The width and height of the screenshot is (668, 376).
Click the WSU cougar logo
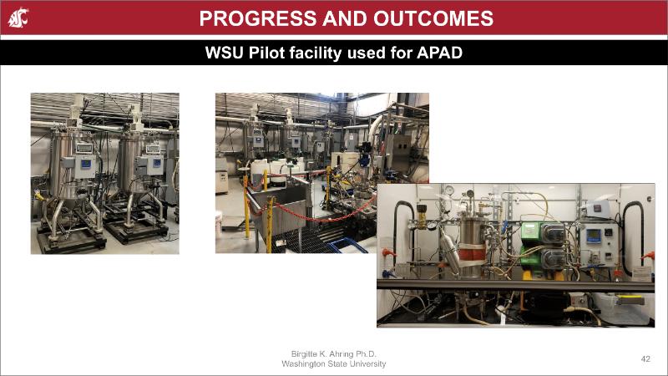[18, 18]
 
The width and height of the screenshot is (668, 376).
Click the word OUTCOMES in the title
[433, 18]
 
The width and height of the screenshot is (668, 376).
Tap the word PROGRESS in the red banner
[258, 18]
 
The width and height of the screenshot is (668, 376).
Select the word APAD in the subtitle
[439, 53]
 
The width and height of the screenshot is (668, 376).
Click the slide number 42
[645, 359]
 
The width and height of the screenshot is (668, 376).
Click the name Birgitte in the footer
[304, 353]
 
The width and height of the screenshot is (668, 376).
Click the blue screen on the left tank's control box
[86, 164]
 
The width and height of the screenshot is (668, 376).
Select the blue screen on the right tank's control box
[157, 163]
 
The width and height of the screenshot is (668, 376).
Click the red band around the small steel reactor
[472, 252]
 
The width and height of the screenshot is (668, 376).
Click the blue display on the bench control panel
[594, 236]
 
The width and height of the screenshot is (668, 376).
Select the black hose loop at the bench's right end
[633, 237]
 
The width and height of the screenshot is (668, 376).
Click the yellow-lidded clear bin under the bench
[623, 307]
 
